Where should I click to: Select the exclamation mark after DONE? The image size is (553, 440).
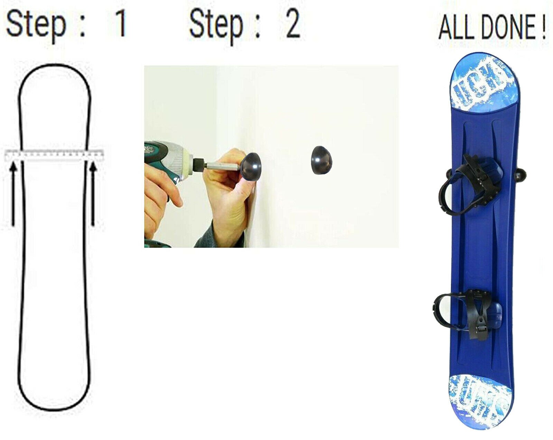coord(543,27)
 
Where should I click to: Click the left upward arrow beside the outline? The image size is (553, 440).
coord(13,194)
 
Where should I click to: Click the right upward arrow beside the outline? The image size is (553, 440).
coord(93,194)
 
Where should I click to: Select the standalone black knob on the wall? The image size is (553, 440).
coord(321,160)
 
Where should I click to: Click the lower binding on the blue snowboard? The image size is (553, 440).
coord(467,311)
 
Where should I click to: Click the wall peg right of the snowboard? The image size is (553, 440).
coord(521,175)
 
